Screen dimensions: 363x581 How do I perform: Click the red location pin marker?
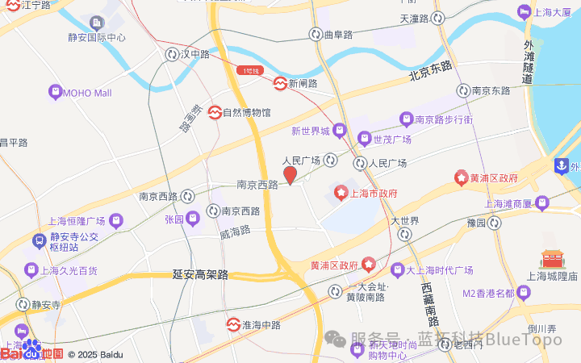tap(290, 174)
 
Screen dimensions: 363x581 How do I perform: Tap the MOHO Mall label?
tap(86, 93)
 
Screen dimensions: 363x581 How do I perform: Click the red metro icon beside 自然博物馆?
tap(215, 112)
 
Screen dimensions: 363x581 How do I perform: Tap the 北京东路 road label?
tap(431, 72)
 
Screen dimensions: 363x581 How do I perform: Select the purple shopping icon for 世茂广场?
tap(364, 139)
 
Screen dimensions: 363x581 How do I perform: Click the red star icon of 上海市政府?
tap(341, 193)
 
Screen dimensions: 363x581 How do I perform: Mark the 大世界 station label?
tap(405, 221)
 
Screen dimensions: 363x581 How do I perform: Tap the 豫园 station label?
tap(476, 222)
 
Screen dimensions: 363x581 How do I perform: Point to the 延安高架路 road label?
tap(201, 275)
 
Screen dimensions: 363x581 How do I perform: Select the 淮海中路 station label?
tap(260, 325)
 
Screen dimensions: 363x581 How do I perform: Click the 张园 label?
tap(174, 219)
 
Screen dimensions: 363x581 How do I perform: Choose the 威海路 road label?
tap(235, 230)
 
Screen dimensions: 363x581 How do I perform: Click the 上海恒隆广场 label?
tap(77, 221)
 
